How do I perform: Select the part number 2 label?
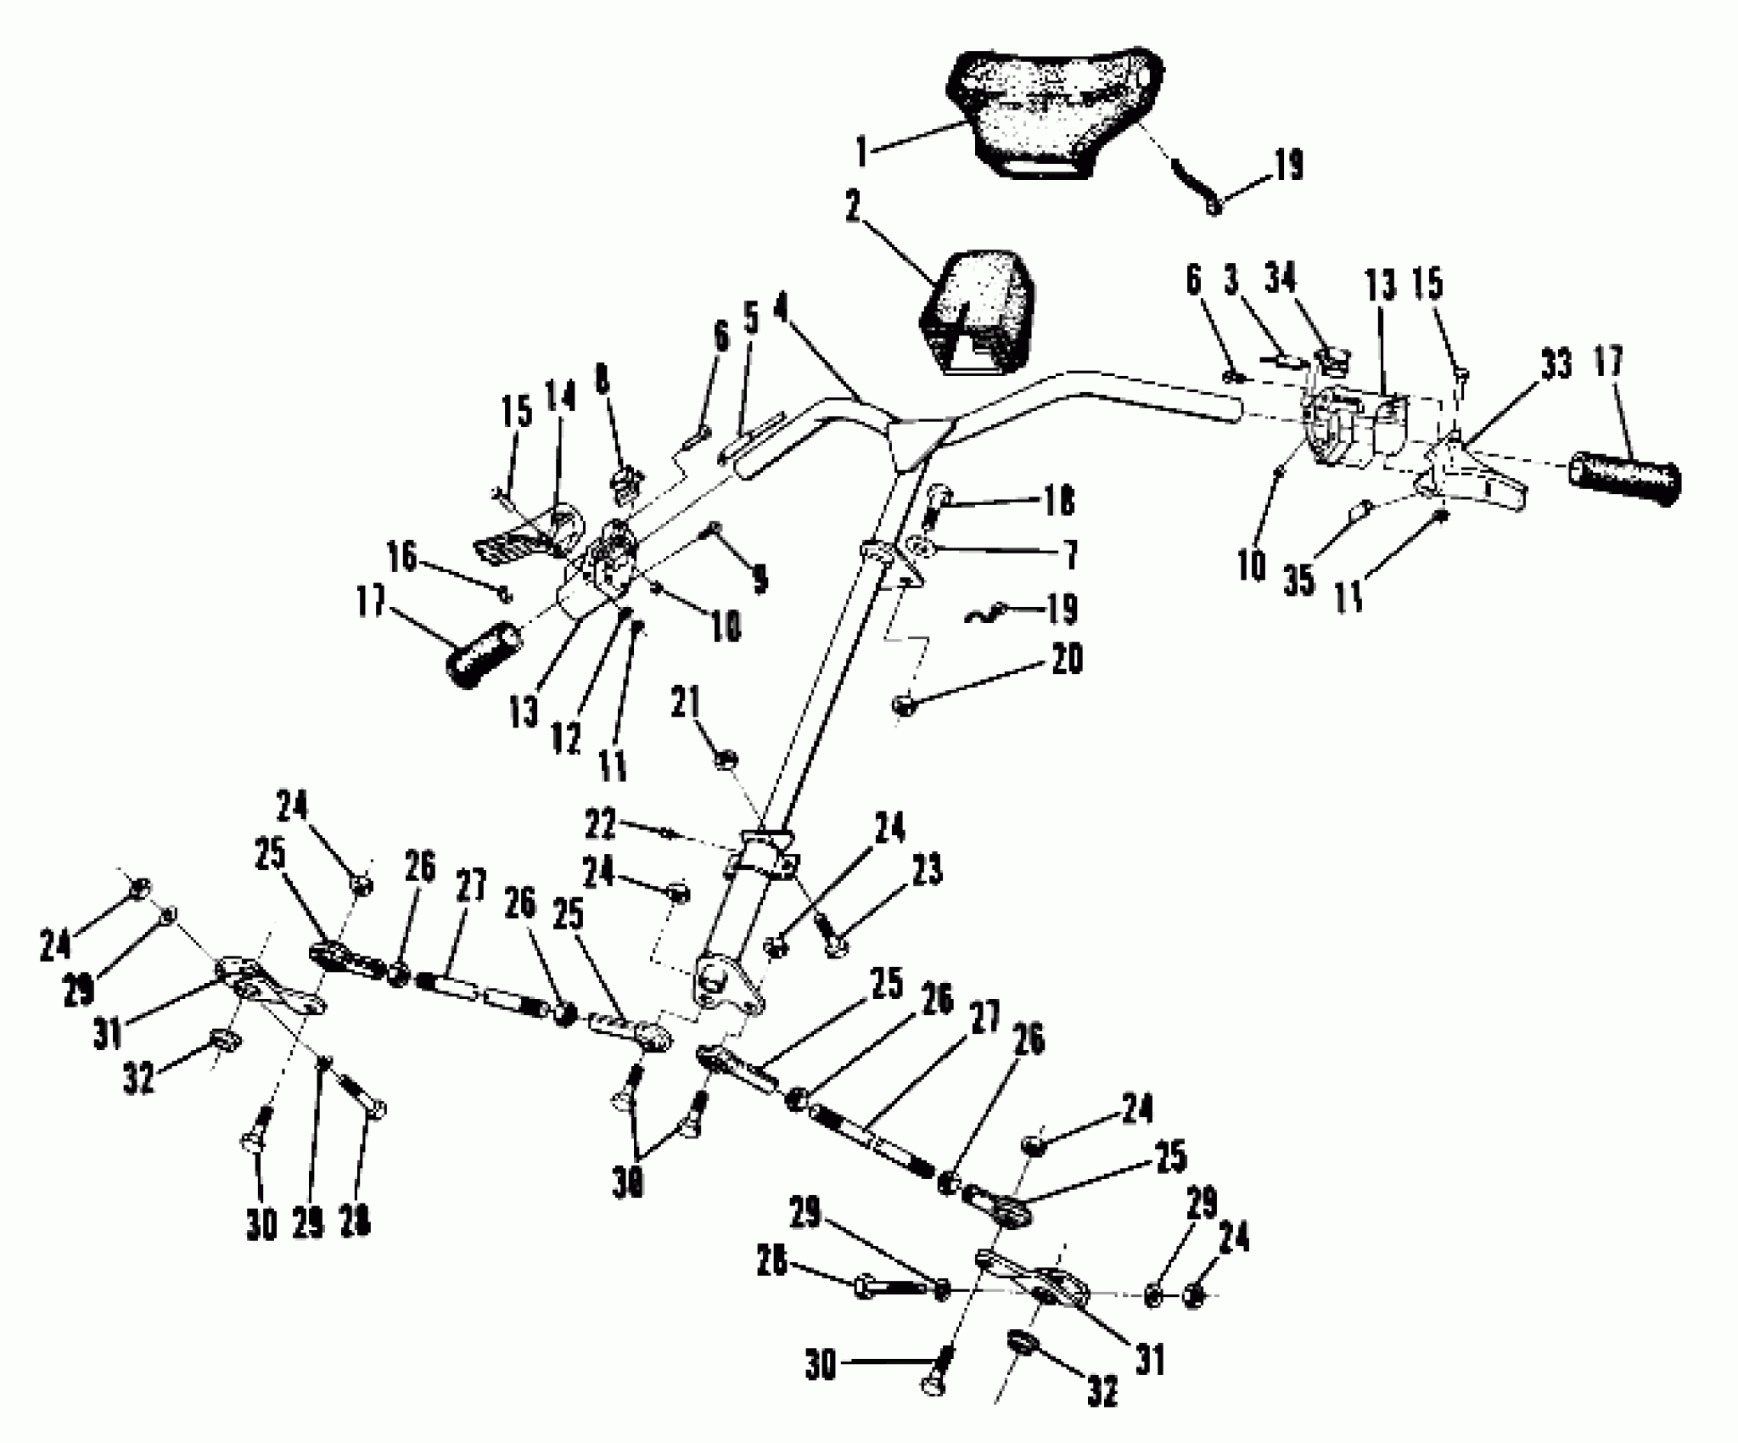pyautogui.click(x=854, y=207)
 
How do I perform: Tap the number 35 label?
pyautogui.click(x=1298, y=581)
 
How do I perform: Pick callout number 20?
pyautogui.click(x=1066, y=660)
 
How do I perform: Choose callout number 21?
pyautogui.click(x=686, y=703)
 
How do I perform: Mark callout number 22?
pyautogui.click(x=600, y=823)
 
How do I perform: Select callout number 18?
pyautogui.click(x=1056, y=501)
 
